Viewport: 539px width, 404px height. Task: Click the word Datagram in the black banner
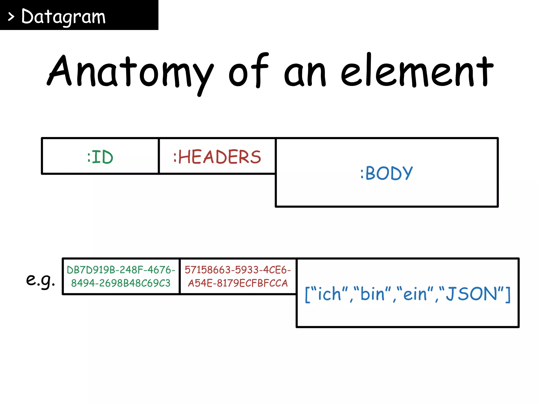(63, 17)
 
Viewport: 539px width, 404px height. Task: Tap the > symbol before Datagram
(11, 17)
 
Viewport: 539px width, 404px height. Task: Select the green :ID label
(100, 157)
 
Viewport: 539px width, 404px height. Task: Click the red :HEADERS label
(217, 157)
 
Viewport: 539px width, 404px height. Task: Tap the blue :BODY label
(386, 173)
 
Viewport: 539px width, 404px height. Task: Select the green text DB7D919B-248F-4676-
(121, 270)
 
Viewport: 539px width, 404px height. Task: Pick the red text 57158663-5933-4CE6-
(238, 270)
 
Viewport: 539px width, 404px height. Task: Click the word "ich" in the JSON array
(329, 294)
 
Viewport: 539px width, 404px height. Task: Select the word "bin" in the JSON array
(372, 294)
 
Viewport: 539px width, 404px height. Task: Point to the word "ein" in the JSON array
(415, 294)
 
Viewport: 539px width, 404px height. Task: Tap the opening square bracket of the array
(307, 295)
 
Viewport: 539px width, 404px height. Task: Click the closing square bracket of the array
(508, 295)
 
